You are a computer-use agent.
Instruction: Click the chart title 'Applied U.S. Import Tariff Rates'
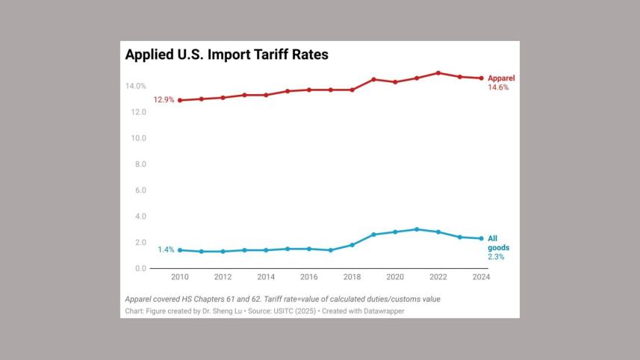[x=226, y=55]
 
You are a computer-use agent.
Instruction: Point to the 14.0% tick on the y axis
[x=135, y=87]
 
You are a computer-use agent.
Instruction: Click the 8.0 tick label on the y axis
[x=139, y=164]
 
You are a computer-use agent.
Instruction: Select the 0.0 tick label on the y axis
[x=139, y=269]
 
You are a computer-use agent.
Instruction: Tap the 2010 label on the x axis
[x=180, y=277]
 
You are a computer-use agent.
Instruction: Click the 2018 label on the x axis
[x=352, y=277]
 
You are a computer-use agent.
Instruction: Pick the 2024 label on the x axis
[x=481, y=277]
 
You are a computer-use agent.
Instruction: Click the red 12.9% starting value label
[x=164, y=100]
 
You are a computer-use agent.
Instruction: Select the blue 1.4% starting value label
[x=166, y=250]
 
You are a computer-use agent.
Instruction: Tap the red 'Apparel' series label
[x=501, y=78]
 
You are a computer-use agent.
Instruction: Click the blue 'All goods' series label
[x=498, y=243]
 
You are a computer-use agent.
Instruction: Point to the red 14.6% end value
[x=498, y=88]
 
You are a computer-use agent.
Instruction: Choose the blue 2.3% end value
[x=496, y=257]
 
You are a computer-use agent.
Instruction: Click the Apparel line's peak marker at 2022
[x=438, y=73]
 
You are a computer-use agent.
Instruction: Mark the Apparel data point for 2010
[x=180, y=100]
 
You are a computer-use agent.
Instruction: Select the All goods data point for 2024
[x=481, y=238]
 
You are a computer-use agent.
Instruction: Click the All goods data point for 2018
[x=352, y=245]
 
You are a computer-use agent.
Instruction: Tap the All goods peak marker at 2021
[x=417, y=229]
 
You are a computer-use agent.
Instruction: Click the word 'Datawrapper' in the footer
[x=383, y=311]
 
